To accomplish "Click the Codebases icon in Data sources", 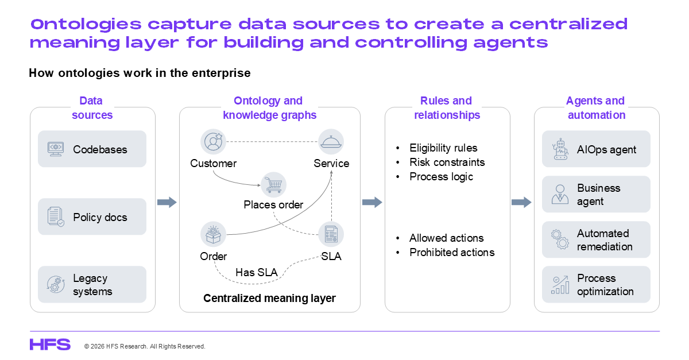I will [56, 149].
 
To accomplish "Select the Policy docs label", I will [100, 217].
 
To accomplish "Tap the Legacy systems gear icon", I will [56, 285].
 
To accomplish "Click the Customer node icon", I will [214, 142].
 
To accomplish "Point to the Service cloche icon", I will [331, 142].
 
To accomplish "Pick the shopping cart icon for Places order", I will [273, 184].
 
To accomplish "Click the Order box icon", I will [213, 234].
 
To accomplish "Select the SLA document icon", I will [331, 234].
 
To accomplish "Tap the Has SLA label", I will [257, 273].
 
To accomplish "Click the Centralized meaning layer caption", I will [269, 298].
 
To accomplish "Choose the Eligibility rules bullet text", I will [443, 148].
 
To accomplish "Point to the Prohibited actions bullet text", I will [452, 252].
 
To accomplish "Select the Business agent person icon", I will [560, 195].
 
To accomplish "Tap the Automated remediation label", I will [605, 240].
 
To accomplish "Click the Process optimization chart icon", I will [560, 285].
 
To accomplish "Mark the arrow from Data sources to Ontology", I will [167, 202].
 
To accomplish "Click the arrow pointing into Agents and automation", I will [521, 202].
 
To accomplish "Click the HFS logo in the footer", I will [50, 344].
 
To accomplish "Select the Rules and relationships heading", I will [446, 108].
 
